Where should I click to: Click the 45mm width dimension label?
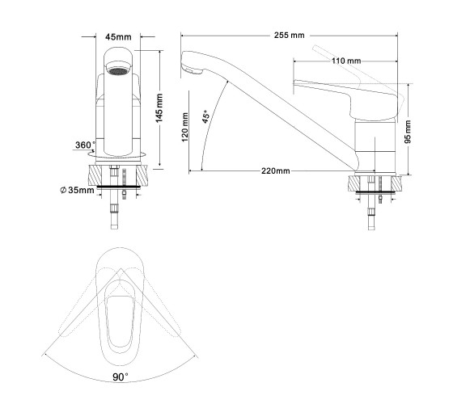tap(118, 37)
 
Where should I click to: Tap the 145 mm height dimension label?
tap(159, 107)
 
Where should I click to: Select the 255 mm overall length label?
tap(290, 36)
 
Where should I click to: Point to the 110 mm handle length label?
tap(346, 61)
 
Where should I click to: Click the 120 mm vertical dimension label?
tap(185, 127)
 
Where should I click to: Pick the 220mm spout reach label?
tap(276, 170)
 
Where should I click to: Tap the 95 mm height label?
tap(408, 132)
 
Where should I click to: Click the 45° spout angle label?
tap(206, 116)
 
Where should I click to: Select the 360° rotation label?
tap(85, 145)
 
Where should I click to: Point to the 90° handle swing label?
tap(121, 377)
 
